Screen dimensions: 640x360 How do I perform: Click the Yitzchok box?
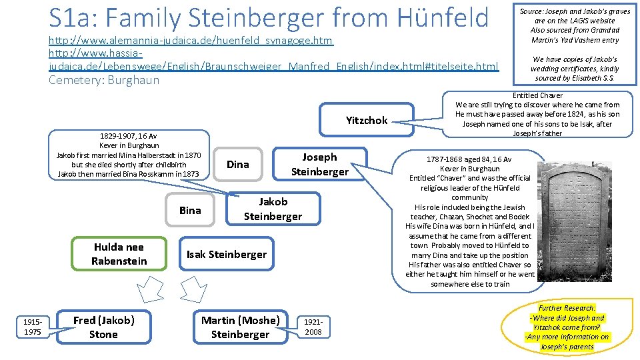(366, 121)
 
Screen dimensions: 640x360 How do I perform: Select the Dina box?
(238, 164)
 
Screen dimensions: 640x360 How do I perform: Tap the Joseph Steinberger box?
(319, 164)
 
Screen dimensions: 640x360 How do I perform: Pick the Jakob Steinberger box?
(273, 208)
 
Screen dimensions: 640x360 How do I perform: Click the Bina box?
(190, 211)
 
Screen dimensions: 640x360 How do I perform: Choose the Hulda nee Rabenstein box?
(119, 254)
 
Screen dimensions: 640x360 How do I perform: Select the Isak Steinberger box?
(226, 254)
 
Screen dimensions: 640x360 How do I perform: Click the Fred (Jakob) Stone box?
(103, 327)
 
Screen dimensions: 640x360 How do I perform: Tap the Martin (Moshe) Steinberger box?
(240, 327)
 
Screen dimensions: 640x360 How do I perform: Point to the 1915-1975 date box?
(33, 327)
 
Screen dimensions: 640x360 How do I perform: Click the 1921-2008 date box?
(313, 327)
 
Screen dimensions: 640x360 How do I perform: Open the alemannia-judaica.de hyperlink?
(191, 41)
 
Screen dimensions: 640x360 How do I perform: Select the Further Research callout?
(568, 327)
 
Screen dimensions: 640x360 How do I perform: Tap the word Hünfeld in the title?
(443, 17)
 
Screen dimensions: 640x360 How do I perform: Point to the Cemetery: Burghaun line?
(104, 80)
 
